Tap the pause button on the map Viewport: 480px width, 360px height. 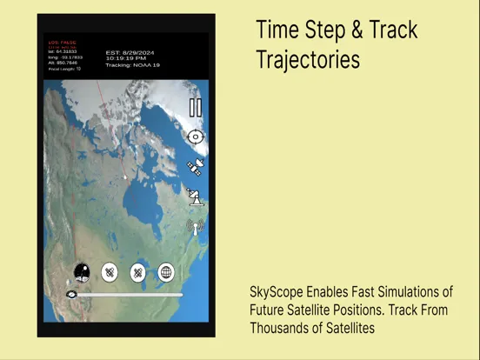click(x=196, y=108)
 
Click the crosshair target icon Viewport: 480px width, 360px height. click(x=196, y=137)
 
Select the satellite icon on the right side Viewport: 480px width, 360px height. click(x=196, y=167)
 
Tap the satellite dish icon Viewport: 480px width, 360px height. click(x=196, y=197)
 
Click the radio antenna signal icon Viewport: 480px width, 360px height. click(x=196, y=227)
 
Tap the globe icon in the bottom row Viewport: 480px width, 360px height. click(x=166, y=273)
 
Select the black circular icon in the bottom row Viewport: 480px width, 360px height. click(x=82, y=273)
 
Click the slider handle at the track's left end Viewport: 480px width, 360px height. click(x=71, y=295)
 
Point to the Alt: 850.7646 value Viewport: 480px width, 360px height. click(x=62, y=63)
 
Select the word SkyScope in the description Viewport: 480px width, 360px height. click(x=273, y=292)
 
